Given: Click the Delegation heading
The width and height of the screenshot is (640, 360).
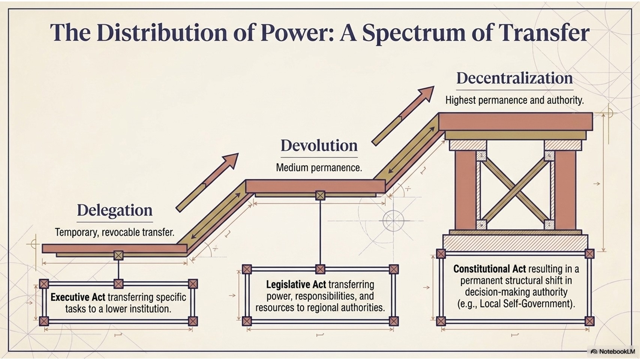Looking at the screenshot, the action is click(115, 210).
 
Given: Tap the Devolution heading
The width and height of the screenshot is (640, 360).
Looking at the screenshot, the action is click(319, 145).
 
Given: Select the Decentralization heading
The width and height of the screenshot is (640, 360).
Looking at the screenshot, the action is click(514, 78).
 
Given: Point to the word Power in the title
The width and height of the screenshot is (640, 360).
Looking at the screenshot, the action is click(296, 32).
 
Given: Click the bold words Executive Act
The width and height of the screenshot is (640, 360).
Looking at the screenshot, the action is click(78, 297).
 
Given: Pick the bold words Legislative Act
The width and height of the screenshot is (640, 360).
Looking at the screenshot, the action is click(296, 285).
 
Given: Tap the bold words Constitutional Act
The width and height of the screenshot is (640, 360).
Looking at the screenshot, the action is click(489, 269).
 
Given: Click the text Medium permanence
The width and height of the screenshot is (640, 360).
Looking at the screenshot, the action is click(319, 168).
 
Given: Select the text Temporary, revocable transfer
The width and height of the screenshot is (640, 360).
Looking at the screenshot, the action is click(115, 232).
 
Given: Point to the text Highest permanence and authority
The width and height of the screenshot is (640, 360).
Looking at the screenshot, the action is click(514, 100).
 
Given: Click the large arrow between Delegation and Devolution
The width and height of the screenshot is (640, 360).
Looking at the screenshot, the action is click(207, 183).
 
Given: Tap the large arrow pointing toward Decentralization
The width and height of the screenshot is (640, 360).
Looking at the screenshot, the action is click(403, 116).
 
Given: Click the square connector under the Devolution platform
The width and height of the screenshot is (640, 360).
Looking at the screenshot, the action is click(320, 195).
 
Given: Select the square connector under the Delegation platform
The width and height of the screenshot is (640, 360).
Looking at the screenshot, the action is click(118, 255).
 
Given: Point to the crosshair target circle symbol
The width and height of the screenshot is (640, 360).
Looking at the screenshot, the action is click(393, 220).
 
